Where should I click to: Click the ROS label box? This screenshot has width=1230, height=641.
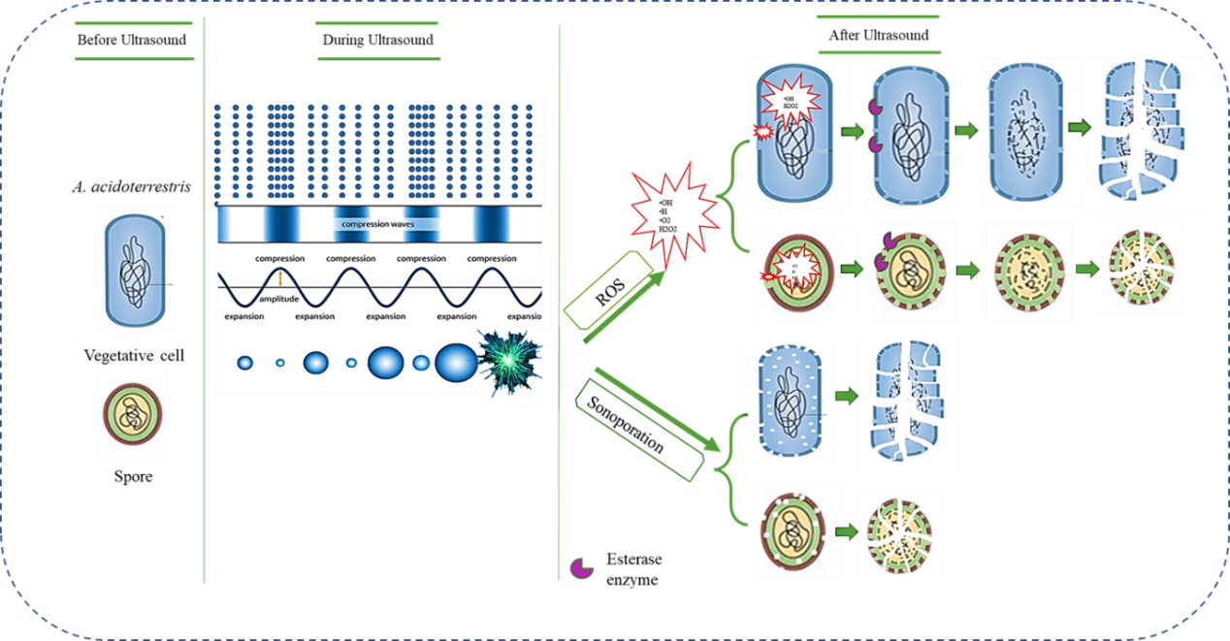[608, 289]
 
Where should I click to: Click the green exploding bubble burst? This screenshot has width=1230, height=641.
[512, 362]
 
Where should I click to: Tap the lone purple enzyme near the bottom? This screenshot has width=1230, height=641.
[581, 568]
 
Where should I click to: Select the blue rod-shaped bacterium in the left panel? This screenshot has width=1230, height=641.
[135, 269]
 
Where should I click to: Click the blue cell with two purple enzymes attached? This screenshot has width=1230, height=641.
[909, 133]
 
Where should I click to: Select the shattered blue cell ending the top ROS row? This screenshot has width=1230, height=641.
[1143, 136]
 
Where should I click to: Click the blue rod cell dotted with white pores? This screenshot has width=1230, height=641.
[789, 399]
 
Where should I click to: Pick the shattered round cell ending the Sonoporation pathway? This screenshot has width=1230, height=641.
[900, 534]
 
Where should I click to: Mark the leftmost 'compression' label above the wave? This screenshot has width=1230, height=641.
[280, 259]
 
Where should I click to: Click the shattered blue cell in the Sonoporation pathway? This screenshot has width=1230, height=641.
[909, 405]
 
